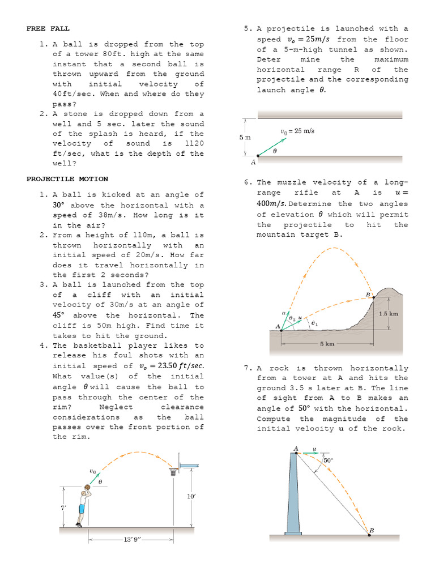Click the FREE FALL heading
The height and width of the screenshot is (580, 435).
tap(48, 28)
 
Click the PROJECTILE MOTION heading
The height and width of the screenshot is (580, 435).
tap(67, 179)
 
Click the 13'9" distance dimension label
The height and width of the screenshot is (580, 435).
tap(130, 540)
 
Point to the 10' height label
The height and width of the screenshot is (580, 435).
tap(191, 497)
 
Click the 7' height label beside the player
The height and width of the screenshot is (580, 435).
tap(63, 507)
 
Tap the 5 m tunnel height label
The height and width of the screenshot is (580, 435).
tap(242, 137)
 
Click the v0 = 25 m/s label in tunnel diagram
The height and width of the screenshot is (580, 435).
tap(297, 131)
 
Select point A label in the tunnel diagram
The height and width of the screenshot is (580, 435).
tap(253, 163)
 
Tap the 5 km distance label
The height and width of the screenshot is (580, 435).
tap(327, 344)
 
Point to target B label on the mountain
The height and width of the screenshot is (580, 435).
tap(368, 295)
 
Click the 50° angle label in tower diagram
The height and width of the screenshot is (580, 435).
tap(327, 460)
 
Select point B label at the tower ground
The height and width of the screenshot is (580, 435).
tap(372, 530)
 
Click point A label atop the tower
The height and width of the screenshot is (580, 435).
tap(296, 449)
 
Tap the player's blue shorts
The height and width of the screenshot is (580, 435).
tap(82, 508)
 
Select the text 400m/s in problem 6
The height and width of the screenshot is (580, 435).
tap(272, 204)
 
